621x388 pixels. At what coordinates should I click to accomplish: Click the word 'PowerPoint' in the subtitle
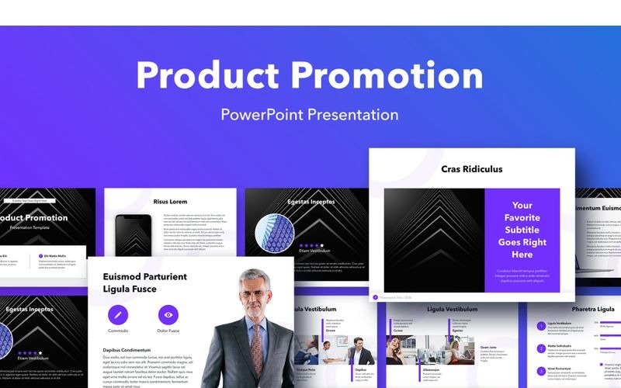point(261,115)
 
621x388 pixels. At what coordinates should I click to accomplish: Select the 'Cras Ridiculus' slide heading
point(471,168)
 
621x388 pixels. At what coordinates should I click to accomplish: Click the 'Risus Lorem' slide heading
point(171,202)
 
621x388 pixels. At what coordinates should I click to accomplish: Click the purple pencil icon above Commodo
point(118,314)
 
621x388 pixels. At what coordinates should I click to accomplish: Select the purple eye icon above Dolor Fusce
point(168,314)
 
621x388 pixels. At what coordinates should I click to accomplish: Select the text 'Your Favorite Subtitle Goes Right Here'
point(522,230)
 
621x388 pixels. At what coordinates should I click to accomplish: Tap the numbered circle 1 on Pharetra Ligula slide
point(540,326)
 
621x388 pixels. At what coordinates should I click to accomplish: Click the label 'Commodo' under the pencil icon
point(118,331)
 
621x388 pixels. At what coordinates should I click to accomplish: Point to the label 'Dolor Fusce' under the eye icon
point(168,331)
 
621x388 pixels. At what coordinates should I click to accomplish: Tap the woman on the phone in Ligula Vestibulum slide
point(403,350)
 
